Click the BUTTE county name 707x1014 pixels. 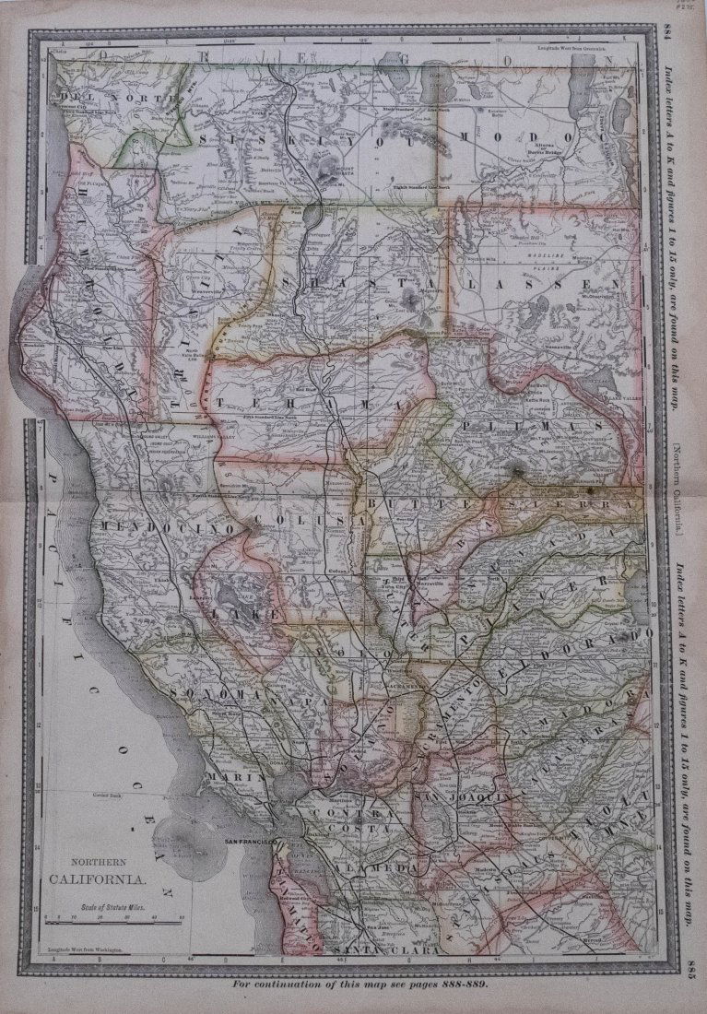[x=395, y=505]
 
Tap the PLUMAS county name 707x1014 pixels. [x=534, y=426]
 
